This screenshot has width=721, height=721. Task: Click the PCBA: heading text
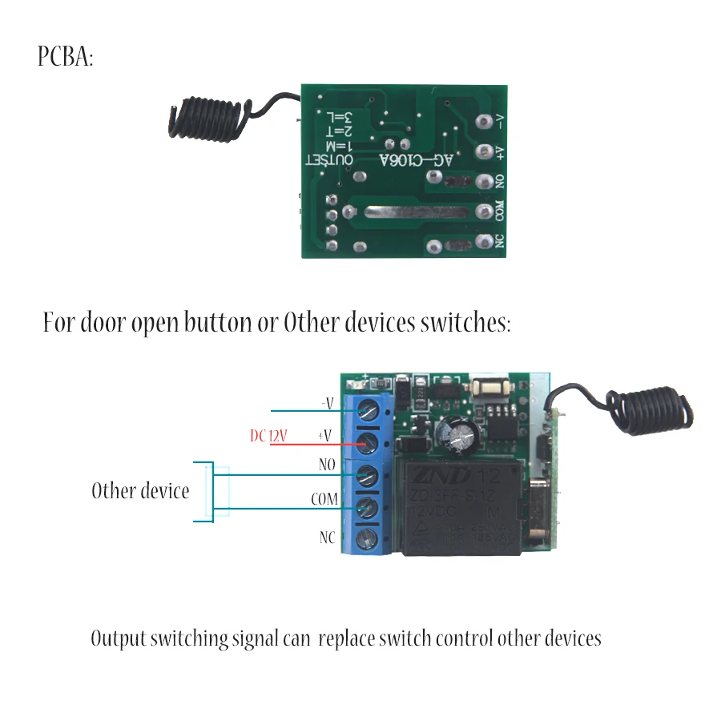[x=65, y=58]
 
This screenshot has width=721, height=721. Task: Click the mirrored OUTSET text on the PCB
[x=330, y=160]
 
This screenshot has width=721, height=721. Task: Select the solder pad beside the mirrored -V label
[x=484, y=123]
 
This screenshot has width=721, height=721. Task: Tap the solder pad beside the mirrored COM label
[x=484, y=211]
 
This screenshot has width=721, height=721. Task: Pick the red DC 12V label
[x=268, y=436]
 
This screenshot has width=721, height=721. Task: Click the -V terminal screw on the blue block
[x=369, y=411]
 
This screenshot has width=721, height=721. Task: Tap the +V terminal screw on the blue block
[x=369, y=443]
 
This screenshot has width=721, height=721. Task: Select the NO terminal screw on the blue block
[x=369, y=474]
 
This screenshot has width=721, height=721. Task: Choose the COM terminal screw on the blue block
[x=369, y=506]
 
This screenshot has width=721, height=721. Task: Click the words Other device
[x=140, y=490]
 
